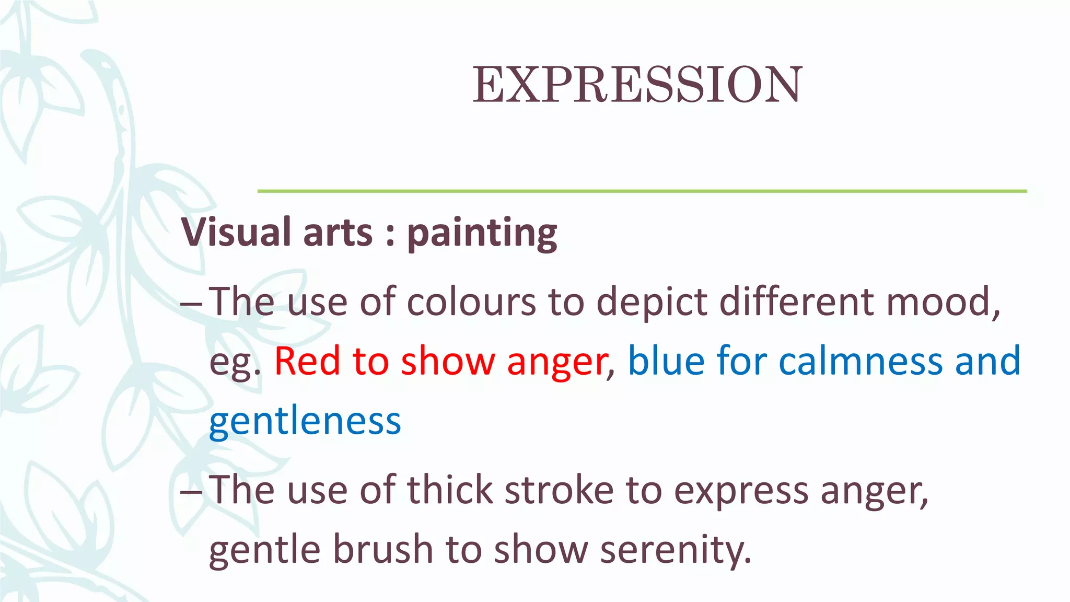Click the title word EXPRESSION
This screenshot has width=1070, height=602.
click(637, 85)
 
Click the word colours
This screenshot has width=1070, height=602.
click(471, 302)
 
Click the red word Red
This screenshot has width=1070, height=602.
click(307, 361)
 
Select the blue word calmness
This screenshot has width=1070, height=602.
click(860, 361)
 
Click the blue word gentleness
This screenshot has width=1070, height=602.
click(305, 421)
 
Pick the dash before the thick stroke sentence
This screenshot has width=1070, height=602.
click(191, 491)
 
